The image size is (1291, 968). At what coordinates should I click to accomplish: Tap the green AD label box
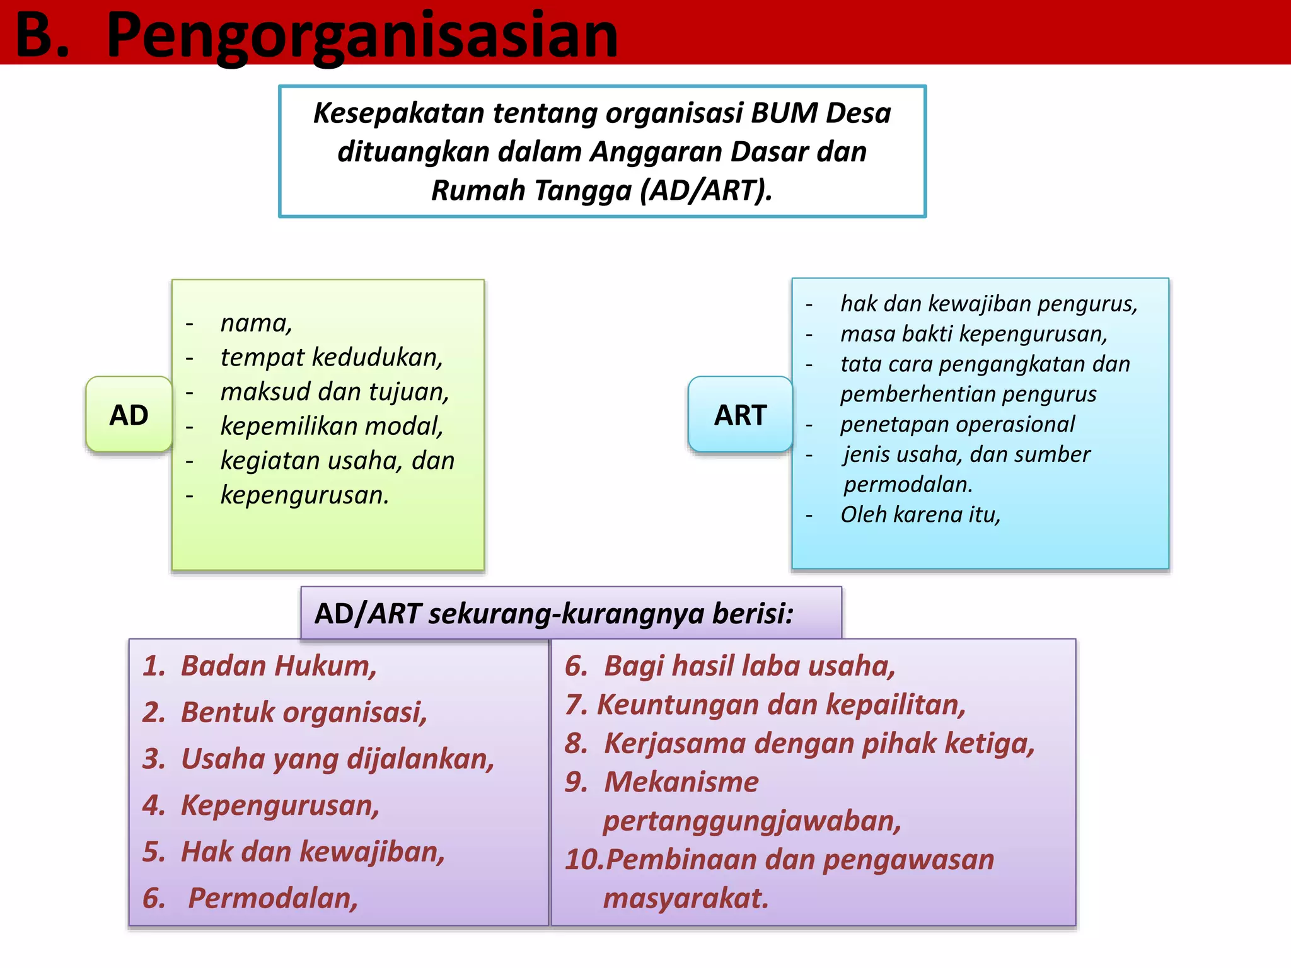[x=129, y=415]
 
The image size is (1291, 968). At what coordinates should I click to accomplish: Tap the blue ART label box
[x=740, y=415]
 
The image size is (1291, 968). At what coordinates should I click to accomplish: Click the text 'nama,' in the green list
[x=256, y=323]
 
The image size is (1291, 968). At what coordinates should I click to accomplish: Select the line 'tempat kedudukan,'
[x=332, y=357]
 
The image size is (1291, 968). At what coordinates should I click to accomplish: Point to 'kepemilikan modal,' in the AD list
[x=332, y=426]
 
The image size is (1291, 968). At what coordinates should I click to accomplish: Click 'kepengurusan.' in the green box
[x=304, y=495]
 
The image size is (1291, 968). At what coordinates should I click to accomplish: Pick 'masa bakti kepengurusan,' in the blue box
[x=974, y=333]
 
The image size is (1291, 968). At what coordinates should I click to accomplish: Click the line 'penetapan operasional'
[x=957, y=424]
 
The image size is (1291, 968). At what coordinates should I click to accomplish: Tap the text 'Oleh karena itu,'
[x=920, y=514]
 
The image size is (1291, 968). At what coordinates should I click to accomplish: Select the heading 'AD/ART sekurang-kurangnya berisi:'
[x=553, y=613]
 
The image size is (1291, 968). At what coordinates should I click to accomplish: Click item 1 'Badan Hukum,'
[x=279, y=665]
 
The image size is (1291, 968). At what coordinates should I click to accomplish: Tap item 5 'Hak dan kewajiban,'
[x=313, y=851]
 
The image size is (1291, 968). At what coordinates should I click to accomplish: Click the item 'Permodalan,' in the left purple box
[x=273, y=898]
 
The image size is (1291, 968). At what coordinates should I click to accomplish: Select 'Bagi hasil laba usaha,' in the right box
[x=750, y=665]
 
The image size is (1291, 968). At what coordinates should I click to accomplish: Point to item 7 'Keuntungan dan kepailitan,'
[x=781, y=705]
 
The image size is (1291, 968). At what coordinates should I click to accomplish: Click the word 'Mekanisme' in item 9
[x=681, y=782]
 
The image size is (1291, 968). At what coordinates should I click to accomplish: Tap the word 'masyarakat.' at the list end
[x=686, y=898]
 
